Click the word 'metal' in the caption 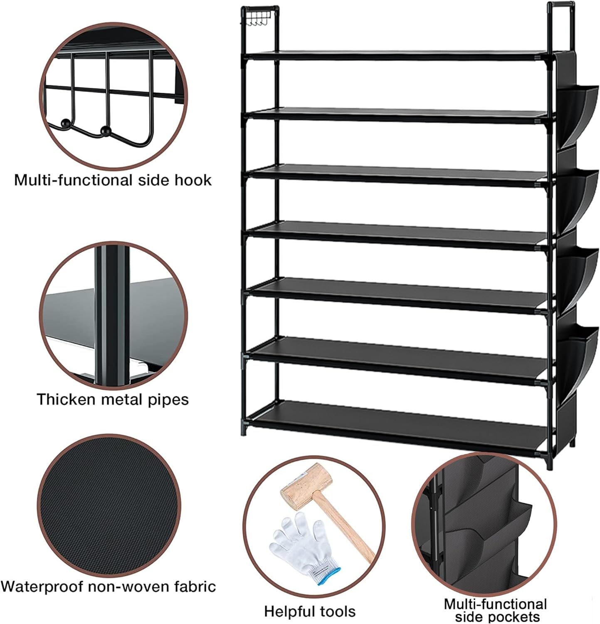point(123,399)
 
